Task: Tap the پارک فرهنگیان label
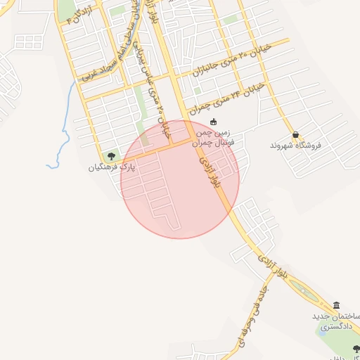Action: click(x=111, y=168)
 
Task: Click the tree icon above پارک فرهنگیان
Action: click(x=111, y=155)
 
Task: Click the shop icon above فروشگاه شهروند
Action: click(x=295, y=134)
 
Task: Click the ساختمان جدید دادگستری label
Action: click(x=336, y=322)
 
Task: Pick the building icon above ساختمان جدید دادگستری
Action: click(x=336, y=306)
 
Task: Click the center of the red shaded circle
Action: click(x=180, y=179)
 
